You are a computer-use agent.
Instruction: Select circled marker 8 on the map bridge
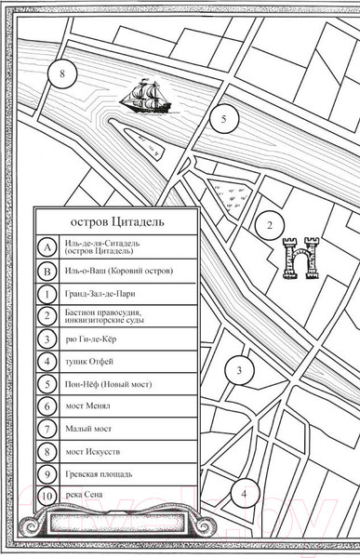62,73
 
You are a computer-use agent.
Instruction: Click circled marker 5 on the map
223,119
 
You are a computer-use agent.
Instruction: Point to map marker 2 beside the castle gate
269,225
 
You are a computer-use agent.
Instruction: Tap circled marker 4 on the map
244,494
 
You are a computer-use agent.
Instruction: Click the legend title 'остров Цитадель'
117,222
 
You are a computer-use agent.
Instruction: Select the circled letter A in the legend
46,246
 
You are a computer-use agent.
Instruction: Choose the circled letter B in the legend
46,272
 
